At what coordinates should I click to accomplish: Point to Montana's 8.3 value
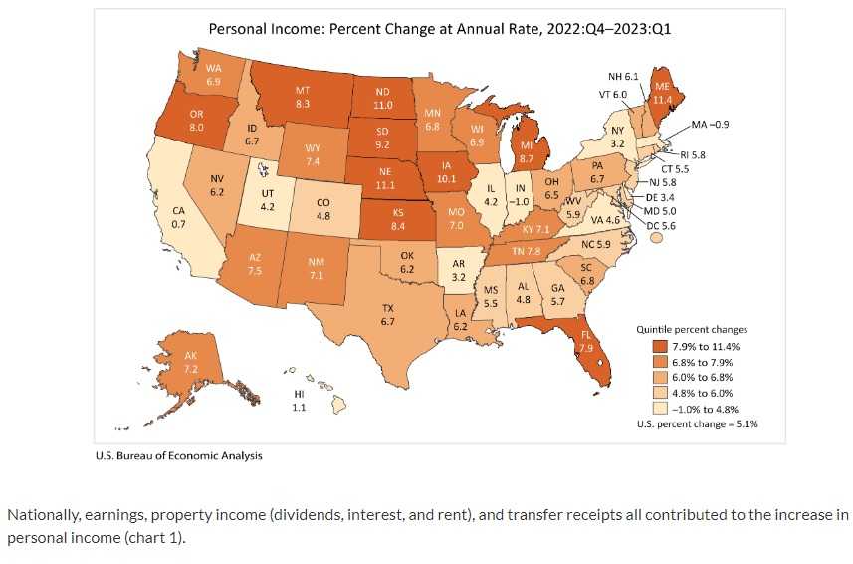pyautogui.click(x=303, y=97)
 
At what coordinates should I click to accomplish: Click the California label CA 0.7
pyautogui.click(x=178, y=218)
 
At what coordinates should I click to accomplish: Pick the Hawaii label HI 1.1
pyautogui.click(x=299, y=401)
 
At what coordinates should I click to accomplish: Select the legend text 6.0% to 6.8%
pyautogui.click(x=693, y=377)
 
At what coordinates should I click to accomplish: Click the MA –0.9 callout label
pyautogui.click(x=710, y=125)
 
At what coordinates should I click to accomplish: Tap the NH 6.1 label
pyautogui.click(x=623, y=77)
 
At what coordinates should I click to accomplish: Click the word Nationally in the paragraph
pyautogui.click(x=41, y=515)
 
